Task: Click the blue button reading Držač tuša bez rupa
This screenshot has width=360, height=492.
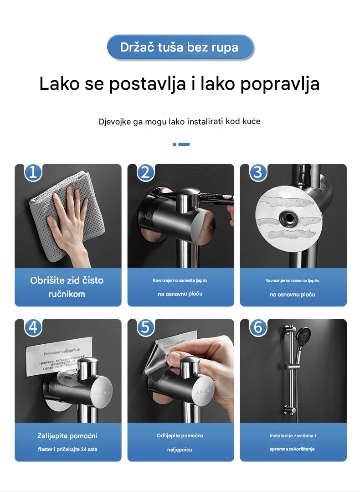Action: coord(180,47)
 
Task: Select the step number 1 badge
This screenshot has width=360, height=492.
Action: coord(33,172)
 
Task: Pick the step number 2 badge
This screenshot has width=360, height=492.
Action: coord(145,172)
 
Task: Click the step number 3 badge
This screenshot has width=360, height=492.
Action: coord(258,172)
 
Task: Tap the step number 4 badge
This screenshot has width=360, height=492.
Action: coord(33,327)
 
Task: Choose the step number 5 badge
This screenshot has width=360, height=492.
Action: coord(145,327)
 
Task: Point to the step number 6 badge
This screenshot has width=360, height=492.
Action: coord(258,327)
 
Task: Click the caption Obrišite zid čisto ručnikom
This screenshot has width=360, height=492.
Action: coord(67,287)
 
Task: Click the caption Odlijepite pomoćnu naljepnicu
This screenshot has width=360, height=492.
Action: coord(180,442)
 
